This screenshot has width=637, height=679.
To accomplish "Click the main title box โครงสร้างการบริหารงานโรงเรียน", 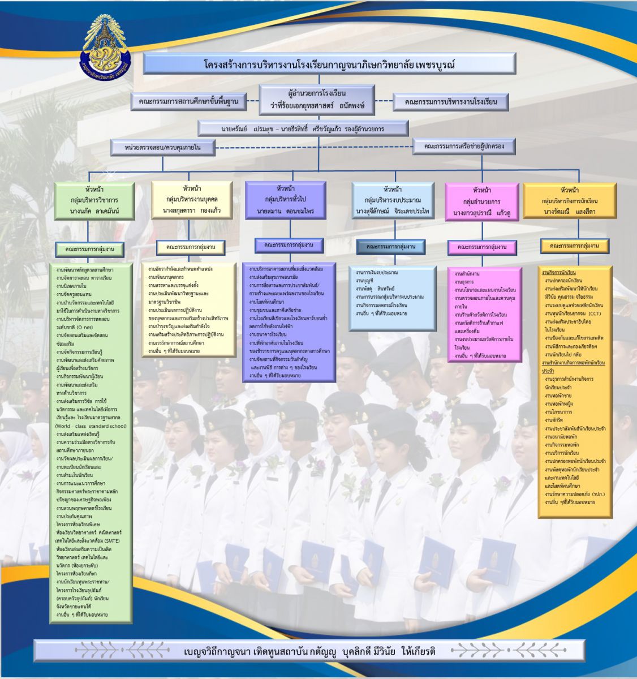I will click(329, 64).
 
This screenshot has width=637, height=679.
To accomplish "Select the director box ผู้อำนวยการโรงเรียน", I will click(317, 99).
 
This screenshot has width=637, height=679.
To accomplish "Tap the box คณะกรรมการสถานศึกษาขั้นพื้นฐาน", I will click(188, 102).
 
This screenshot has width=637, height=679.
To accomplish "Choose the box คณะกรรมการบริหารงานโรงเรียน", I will click(450, 102).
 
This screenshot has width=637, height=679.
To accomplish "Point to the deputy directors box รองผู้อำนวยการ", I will click(303, 128).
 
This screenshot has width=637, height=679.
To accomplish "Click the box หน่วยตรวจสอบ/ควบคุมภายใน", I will click(163, 148).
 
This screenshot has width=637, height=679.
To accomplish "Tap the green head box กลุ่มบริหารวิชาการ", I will click(94, 201).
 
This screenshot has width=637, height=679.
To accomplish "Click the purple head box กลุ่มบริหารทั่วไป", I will click(285, 200).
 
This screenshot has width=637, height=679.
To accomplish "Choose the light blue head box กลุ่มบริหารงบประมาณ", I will click(393, 200).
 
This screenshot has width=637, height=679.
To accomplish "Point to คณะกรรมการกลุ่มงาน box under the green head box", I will click(90, 249).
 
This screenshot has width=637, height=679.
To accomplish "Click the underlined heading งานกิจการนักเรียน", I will click(559, 273).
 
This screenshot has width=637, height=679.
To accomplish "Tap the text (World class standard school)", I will click(91, 426).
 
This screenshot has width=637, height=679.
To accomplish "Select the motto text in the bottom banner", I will click(309, 651).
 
